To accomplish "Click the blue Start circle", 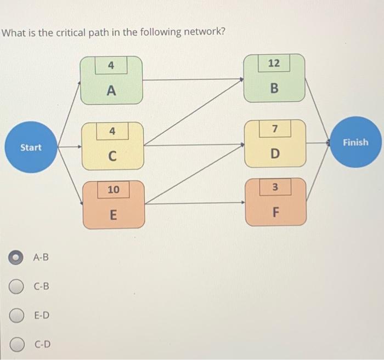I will point(31,147).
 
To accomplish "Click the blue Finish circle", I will point(355,142).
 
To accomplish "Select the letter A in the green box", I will point(111,91).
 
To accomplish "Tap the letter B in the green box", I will point(274,88).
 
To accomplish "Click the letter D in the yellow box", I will point(275,154).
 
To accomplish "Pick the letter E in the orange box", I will point(113,215).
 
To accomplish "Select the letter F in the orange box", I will point(275,212).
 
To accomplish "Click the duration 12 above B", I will point(274,64).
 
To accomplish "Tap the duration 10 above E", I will point(113,190).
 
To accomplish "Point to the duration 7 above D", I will point(275,129).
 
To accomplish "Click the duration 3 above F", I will point(275,187).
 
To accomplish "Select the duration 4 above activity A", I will point(111,66).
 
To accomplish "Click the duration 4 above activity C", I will point(112,132).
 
